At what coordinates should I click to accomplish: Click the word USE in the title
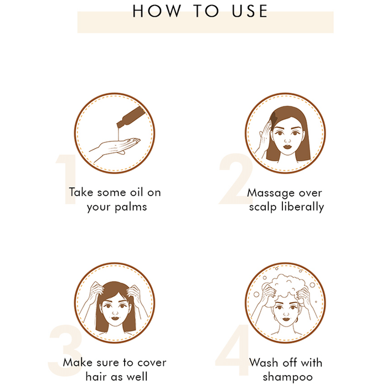click(x=250, y=11)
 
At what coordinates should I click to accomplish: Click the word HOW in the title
click(x=157, y=11)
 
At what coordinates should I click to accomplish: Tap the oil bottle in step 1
click(x=131, y=117)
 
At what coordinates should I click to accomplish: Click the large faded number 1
click(x=67, y=179)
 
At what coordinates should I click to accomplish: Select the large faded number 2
click(x=235, y=178)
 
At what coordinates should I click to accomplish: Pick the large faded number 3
click(x=65, y=350)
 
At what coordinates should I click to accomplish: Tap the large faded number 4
click(x=233, y=350)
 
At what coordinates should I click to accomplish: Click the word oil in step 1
click(x=137, y=192)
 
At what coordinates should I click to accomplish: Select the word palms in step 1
click(x=131, y=207)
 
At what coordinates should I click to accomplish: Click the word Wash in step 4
click(x=264, y=363)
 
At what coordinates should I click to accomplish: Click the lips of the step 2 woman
click(x=287, y=146)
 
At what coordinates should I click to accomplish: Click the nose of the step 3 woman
click(x=115, y=312)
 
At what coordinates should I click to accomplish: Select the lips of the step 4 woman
click(x=286, y=319)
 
